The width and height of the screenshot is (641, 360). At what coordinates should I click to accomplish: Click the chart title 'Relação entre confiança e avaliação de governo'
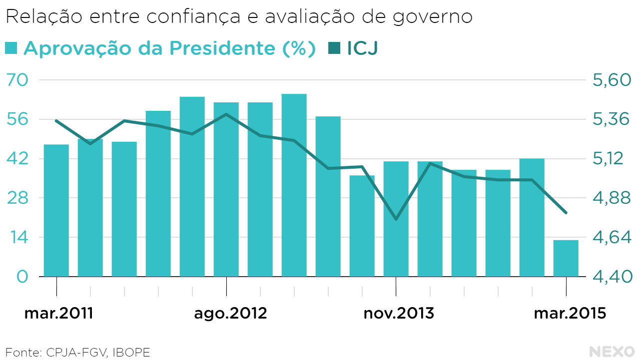239,17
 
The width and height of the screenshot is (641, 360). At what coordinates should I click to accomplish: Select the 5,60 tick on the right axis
612,80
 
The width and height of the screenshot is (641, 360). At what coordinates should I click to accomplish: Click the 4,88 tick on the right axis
612,198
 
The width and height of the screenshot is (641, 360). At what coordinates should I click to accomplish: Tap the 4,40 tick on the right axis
612,277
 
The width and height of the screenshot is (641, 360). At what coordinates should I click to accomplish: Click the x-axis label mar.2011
59,314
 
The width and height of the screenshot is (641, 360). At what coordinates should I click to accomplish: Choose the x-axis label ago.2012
230,314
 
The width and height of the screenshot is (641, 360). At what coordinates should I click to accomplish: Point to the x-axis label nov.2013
398,314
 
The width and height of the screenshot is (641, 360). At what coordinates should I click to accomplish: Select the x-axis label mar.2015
570,314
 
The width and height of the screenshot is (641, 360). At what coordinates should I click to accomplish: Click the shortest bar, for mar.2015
566,258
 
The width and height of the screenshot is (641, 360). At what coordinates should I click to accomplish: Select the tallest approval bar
294,185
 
